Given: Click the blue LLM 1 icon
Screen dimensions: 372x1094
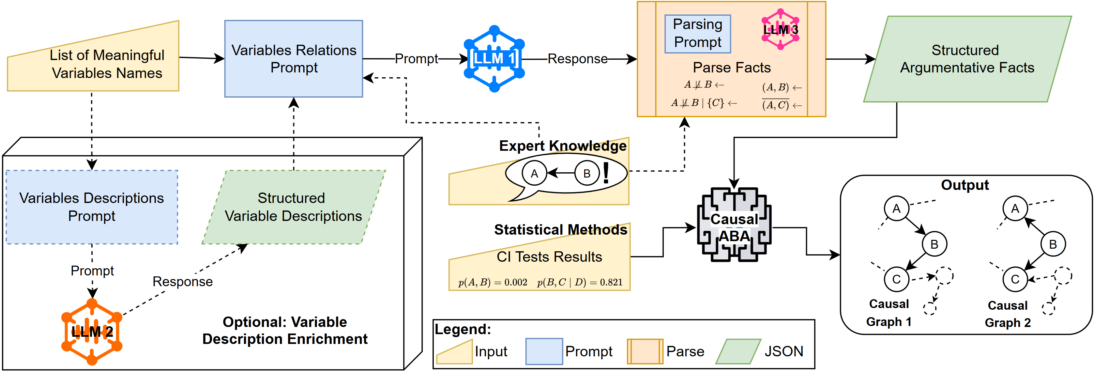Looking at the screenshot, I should click(494, 59).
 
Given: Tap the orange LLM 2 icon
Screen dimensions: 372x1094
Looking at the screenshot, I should click(92, 331).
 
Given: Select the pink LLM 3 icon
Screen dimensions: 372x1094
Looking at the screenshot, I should click(780, 29).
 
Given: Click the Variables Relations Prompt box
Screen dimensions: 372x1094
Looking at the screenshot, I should click(294, 59).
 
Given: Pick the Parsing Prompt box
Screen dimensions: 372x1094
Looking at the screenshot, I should click(697, 34).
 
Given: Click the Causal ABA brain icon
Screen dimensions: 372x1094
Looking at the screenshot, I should click(734, 225).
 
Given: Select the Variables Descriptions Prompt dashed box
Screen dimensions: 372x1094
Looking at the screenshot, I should click(92, 207).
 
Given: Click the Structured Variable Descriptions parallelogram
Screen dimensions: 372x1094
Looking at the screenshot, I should click(293, 207).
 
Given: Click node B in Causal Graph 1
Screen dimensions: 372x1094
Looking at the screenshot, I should click(934, 244).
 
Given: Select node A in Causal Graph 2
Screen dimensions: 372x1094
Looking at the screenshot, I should click(1015, 209).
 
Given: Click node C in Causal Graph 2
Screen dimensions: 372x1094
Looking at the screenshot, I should click(1015, 279).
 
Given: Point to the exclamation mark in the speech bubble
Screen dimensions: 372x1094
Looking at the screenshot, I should click(606, 173).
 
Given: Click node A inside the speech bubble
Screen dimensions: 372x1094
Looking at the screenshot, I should click(534, 173).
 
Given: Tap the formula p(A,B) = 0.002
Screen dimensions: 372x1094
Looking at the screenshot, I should click(493, 282).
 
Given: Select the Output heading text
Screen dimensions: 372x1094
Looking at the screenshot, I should click(965, 185).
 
